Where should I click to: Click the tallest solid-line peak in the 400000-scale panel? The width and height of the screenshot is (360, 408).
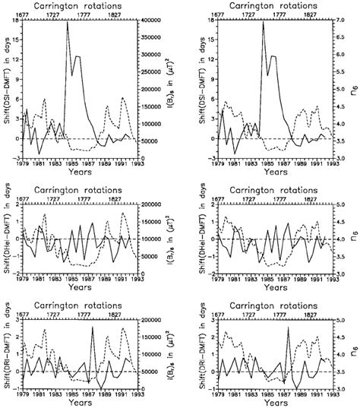67,22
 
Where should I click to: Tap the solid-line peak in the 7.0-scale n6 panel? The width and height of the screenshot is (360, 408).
263,22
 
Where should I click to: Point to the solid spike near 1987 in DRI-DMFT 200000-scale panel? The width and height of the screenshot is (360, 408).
93,327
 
